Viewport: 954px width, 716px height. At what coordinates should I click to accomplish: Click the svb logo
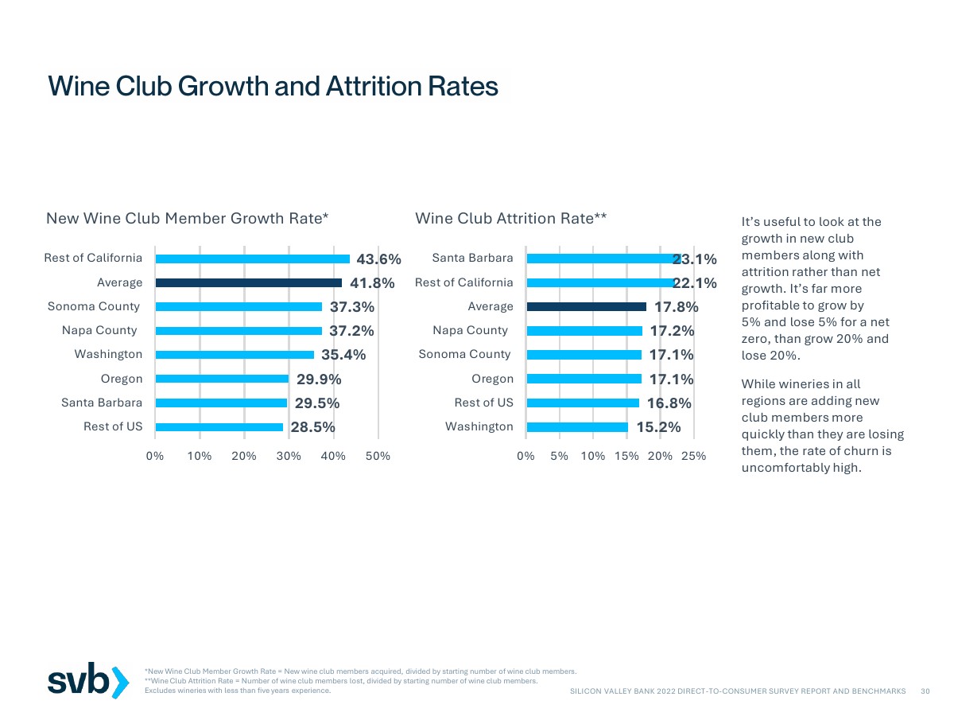pyautogui.click(x=87, y=680)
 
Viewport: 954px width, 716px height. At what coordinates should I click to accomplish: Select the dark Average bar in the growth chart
pyautogui.click(x=248, y=282)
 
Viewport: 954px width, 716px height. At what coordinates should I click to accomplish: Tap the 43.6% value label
pyautogui.click(x=378, y=259)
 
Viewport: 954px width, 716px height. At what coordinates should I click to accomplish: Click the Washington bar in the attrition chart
pyautogui.click(x=577, y=427)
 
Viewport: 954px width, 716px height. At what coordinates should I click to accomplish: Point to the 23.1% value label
pyautogui.click(x=695, y=259)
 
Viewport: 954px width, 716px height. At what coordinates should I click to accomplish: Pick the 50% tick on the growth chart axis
pyautogui.click(x=378, y=456)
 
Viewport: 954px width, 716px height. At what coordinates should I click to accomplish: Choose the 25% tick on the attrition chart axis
pyautogui.click(x=693, y=456)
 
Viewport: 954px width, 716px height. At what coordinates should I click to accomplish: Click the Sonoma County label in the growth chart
pyautogui.click(x=94, y=306)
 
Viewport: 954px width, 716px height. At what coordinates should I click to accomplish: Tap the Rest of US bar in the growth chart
pyautogui.click(x=219, y=427)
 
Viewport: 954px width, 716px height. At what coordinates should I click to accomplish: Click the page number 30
pyautogui.click(x=925, y=691)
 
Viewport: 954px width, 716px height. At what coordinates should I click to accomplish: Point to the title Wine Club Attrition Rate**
pyautogui.click(x=511, y=218)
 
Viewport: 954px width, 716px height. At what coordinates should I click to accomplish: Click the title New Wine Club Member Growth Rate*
pyautogui.click(x=188, y=218)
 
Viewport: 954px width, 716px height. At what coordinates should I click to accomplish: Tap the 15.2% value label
pyautogui.click(x=658, y=427)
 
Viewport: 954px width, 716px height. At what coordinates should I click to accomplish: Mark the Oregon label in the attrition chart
pyautogui.click(x=492, y=379)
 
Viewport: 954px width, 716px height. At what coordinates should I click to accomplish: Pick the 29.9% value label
pyautogui.click(x=319, y=379)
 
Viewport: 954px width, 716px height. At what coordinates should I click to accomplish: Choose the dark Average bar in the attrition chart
pyautogui.click(x=586, y=306)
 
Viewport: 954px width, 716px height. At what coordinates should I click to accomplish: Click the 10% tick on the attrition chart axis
pyautogui.click(x=592, y=456)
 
